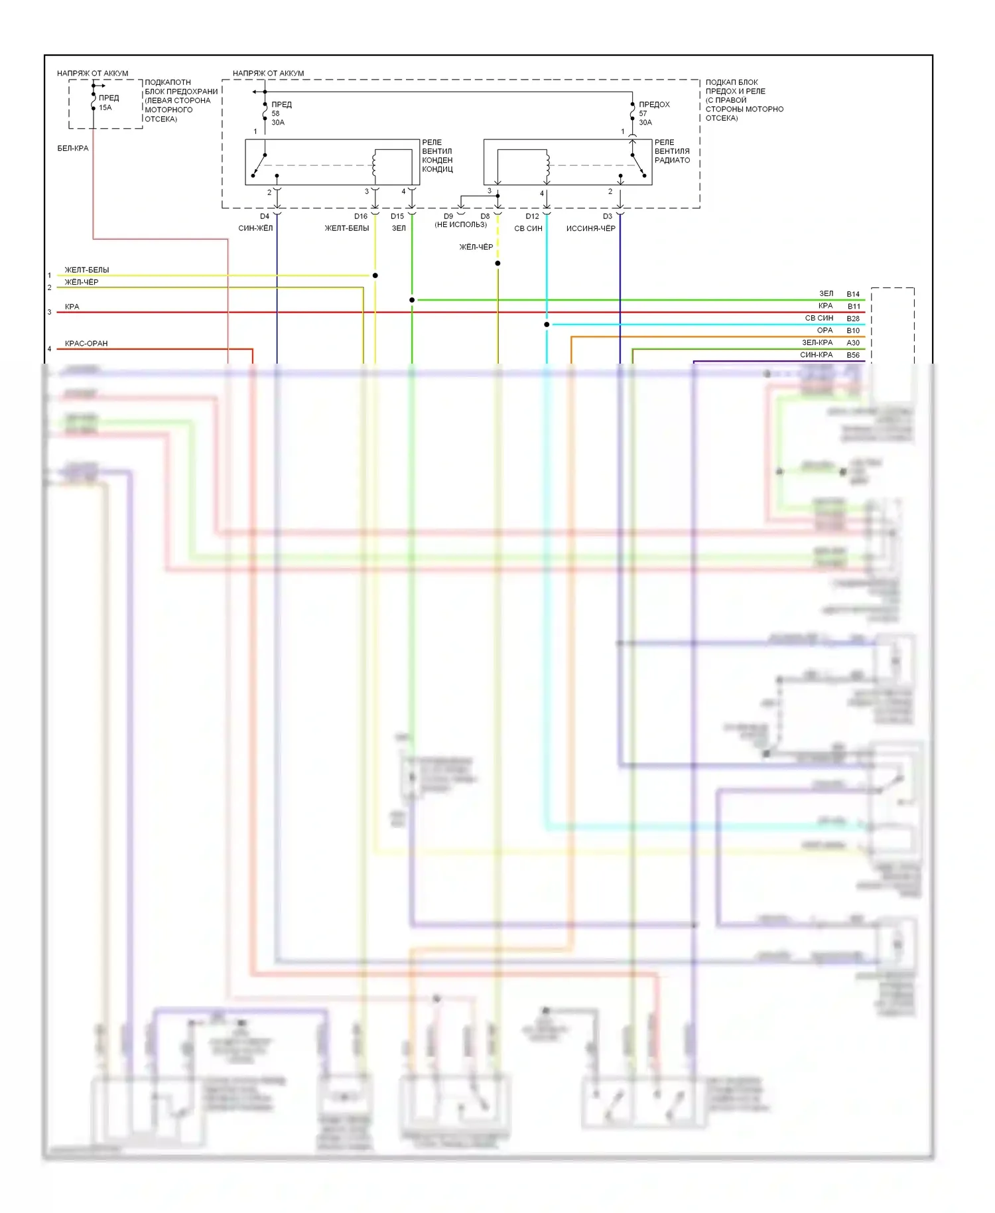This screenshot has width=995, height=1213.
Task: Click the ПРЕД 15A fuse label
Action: tap(108, 102)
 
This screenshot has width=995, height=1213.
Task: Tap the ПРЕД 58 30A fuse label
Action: tap(281, 113)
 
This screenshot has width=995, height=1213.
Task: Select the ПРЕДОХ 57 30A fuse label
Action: tap(653, 113)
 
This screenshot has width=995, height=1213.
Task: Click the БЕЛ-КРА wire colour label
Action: tap(73, 148)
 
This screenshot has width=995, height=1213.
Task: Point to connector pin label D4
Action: tap(265, 216)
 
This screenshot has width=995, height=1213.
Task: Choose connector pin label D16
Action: tap(360, 216)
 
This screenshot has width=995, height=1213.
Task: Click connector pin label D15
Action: tap(397, 216)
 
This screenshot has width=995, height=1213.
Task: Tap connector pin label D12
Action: tap(532, 216)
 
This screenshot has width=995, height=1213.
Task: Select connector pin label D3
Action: tap(608, 216)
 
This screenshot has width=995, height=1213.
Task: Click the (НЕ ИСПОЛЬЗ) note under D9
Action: tap(461, 225)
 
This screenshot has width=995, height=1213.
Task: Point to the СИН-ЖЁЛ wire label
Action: tap(255, 228)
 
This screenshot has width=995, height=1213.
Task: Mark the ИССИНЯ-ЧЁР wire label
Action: tap(590, 228)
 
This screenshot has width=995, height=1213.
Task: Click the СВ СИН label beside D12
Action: tap(528, 228)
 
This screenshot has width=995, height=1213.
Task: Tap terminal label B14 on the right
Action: tap(853, 294)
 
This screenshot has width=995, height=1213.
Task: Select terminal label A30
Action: tap(853, 343)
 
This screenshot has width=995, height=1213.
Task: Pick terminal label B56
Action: tap(853, 355)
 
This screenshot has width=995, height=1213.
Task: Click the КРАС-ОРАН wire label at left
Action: tap(86, 344)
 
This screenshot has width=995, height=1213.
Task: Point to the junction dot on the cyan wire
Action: tap(547, 324)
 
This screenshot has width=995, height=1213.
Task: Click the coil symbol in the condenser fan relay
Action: tap(374, 165)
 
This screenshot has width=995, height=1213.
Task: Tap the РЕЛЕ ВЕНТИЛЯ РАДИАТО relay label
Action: tap(672, 151)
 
